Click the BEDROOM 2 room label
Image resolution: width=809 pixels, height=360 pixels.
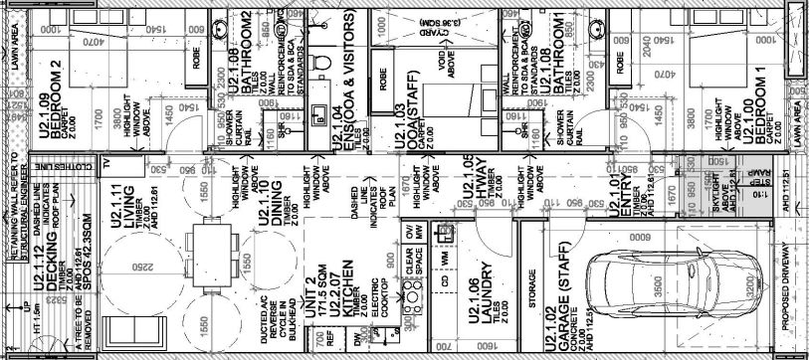click(57, 110)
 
